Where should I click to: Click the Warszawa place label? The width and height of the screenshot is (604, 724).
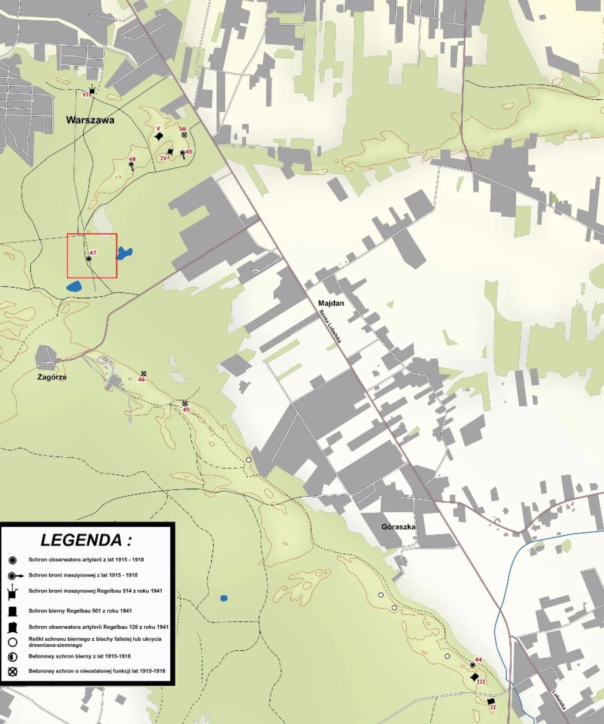click(x=90, y=120)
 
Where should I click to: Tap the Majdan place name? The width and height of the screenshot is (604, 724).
click(x=331, y=303)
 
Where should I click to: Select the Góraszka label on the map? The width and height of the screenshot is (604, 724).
click(x=398, y=527)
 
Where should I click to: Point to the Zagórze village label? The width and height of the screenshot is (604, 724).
click(x=52, y=377)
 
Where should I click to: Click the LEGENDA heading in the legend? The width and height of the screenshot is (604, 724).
click(x=86, y=540)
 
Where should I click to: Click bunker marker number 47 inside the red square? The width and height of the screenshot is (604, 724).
click(x=89, y=259)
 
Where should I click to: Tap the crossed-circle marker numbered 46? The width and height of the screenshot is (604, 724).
click(x=144, y=373)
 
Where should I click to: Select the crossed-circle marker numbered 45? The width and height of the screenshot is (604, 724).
click(x=185, y=403)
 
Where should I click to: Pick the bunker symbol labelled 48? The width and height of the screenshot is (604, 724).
click(x=131, y=164)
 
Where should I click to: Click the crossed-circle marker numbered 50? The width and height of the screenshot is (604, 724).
click(x=184, y=134)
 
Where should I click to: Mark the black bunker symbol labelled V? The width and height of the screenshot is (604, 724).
click(x=159, y=136)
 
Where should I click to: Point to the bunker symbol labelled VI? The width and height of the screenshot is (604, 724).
click(x=92, y=91)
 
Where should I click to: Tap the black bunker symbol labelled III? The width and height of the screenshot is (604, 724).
click(x=475, y=677)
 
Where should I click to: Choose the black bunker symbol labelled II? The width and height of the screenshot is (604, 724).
click(x=491, y=701)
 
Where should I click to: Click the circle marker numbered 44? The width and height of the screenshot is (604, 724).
click(x=473, y=665)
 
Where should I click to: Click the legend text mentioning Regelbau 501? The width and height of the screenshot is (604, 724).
click(x=80, y=611)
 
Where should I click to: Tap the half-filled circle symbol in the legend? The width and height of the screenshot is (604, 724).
click(x=13, y=657)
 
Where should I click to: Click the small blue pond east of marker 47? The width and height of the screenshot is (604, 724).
click(x=125, y=252)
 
